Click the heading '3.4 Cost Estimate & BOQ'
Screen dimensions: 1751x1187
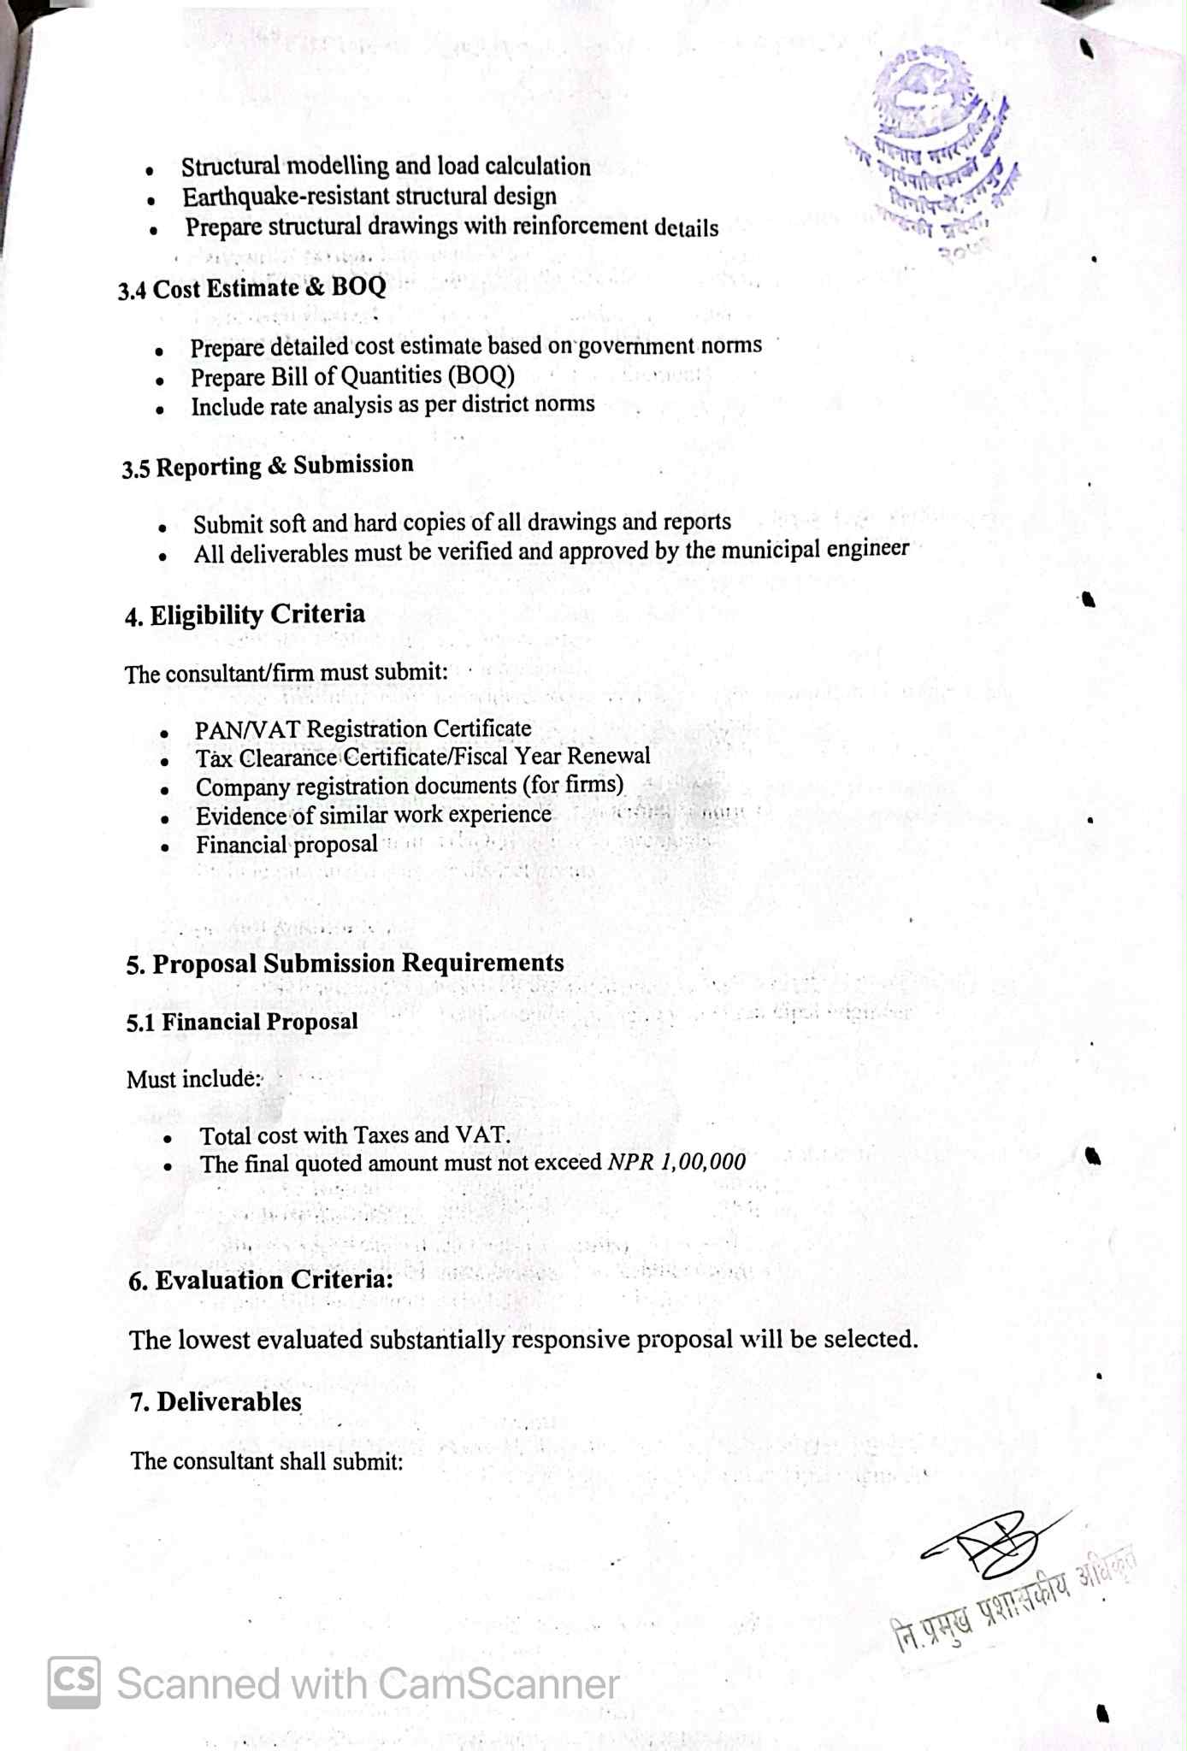(x=252, y=287)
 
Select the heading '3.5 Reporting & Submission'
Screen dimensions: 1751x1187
(x=268, y=466)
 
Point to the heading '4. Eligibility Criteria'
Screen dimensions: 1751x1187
(x=245, y=615)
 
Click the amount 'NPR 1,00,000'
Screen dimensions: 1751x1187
(x=676, y=1161)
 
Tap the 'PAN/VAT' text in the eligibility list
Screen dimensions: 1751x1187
(x=247, y=729)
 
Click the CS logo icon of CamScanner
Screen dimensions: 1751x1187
(x=74, y=1683)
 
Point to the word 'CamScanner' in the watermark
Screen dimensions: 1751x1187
(x=498, y=1683)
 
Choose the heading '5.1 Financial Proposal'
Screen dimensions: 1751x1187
(x=242, y=1022)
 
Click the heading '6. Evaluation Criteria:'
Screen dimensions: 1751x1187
(x=261, y=1280)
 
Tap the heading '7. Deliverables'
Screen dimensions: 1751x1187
(x=216, y=1402)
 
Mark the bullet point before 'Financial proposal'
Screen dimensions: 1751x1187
(x=164, y=848)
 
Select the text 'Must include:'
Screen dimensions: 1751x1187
(x=193, y=1079)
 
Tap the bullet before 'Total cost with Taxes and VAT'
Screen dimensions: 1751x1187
(x=168, y=1139)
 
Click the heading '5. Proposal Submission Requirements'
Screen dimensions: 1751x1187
(x=345, y=963)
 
